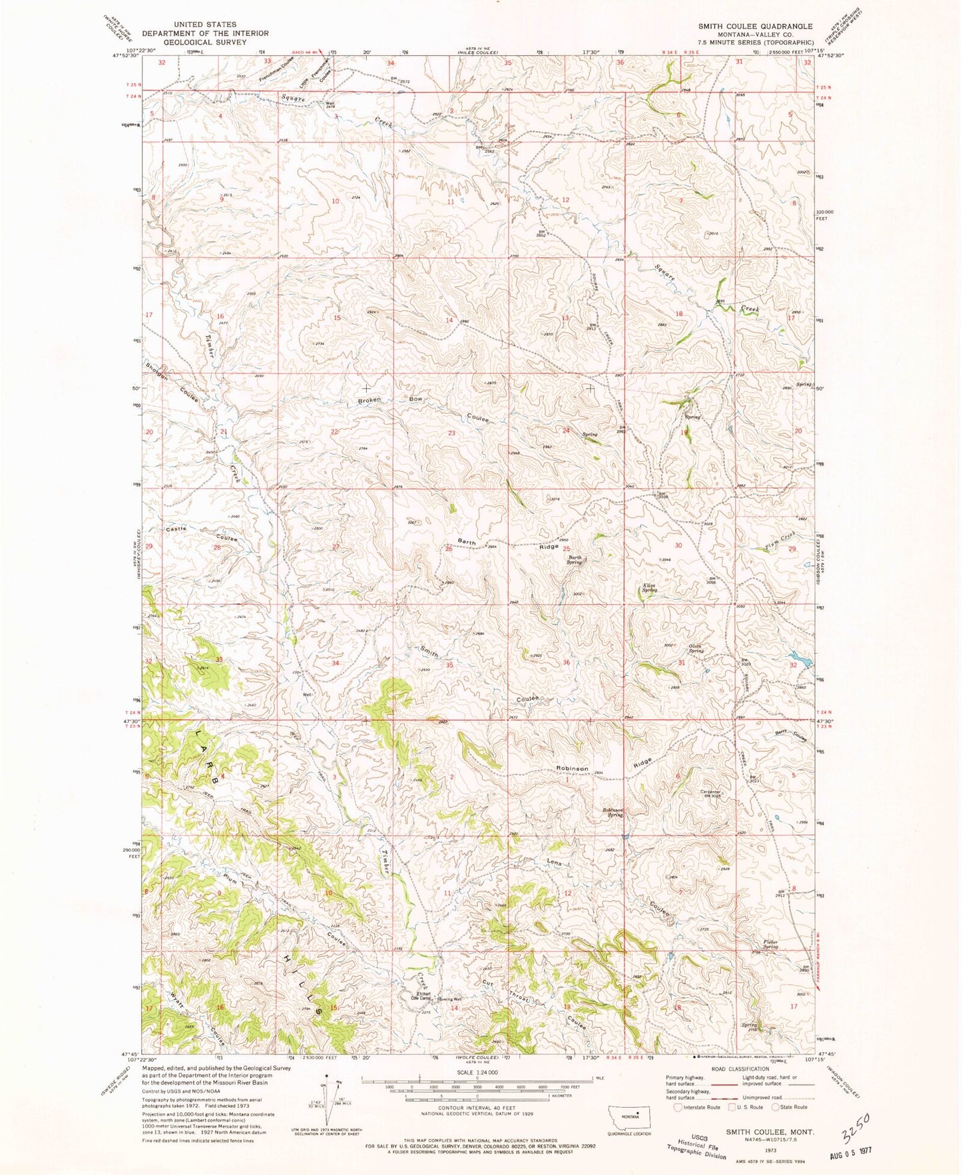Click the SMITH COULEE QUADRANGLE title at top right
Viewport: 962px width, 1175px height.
(755, 26)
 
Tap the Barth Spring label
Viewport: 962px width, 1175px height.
(575, 560)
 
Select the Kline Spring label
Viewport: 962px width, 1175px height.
(649, 588)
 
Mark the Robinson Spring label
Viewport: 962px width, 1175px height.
(613, 812)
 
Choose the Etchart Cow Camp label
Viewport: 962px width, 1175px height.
(422, 997)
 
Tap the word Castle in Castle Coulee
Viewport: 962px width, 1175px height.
(176, 529)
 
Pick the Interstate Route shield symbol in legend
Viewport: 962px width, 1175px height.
(678, 1107)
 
